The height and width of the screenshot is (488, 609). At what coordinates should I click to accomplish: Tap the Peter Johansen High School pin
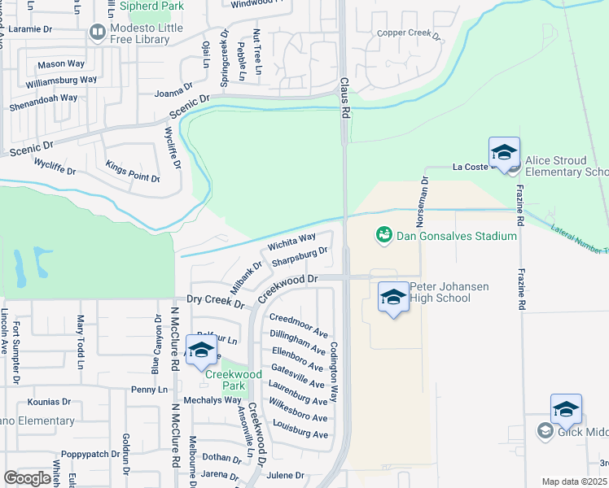pos(393,298)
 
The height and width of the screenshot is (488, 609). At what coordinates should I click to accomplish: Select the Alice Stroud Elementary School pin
pos(504,153)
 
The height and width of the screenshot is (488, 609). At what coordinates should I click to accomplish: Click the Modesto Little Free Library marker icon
pos(98,33)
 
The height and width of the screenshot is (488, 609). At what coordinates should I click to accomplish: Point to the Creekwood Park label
pos(233,380)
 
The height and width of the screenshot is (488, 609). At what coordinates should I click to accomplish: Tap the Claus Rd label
pos(344,98)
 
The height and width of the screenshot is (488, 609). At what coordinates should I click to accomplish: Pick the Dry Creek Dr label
pos(216,302)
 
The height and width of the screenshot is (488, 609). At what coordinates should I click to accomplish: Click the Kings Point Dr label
pos(133,172)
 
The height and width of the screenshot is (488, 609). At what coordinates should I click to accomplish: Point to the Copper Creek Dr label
pos(408,35)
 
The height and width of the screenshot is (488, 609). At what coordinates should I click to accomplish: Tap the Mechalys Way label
pos(212,400)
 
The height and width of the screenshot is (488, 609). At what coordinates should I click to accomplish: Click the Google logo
pos(27,478)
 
